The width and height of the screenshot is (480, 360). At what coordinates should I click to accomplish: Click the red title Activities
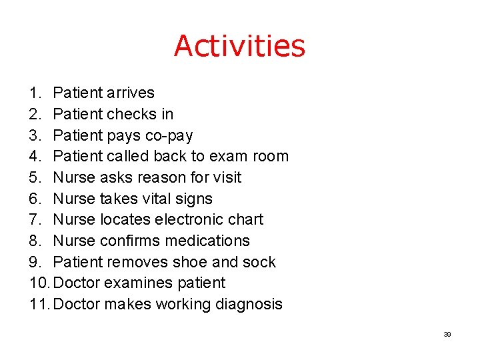pyautogui.click(x=239, y=46)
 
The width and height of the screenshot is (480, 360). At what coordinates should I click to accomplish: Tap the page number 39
pyautogui.click(x=447, y=334)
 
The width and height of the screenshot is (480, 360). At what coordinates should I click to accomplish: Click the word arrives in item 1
pyautogui.click(x=130, y=93)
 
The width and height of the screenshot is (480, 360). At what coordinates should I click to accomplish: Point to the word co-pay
pyautogui.click(x=169, y=136)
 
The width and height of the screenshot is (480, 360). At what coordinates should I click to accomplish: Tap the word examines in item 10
pyautogui.click(x=140, y=283)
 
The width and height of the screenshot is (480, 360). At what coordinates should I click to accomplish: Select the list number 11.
pyautogui.click(x=39, y=305)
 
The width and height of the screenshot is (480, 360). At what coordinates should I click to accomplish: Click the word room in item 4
pyautogui.click(x=271, y=157)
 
